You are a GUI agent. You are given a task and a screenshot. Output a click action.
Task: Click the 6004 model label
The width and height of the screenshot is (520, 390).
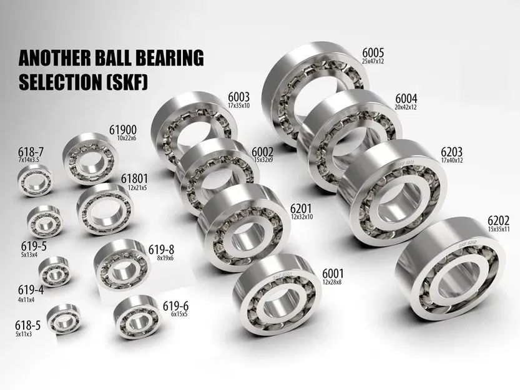406,99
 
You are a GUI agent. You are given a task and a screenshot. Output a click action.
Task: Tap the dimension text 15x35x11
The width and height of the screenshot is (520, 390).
498,230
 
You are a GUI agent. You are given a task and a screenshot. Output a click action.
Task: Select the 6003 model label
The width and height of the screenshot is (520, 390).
238,97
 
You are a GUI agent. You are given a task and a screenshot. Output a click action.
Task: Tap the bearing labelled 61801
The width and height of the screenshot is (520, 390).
102,212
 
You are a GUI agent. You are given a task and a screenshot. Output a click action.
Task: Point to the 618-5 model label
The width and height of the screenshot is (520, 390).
27,325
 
